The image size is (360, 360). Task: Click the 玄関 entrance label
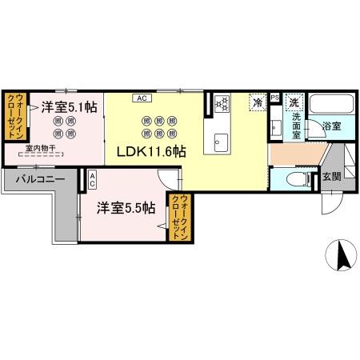click(330, 177)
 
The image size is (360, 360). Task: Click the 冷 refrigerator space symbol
click(258, 102)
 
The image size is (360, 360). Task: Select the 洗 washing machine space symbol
click(294, 102)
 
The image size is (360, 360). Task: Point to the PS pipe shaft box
click(274, 98)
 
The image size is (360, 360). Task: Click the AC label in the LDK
click(141, 98)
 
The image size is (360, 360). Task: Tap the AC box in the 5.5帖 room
click(93, 180)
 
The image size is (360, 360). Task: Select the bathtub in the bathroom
click(330, 106)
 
